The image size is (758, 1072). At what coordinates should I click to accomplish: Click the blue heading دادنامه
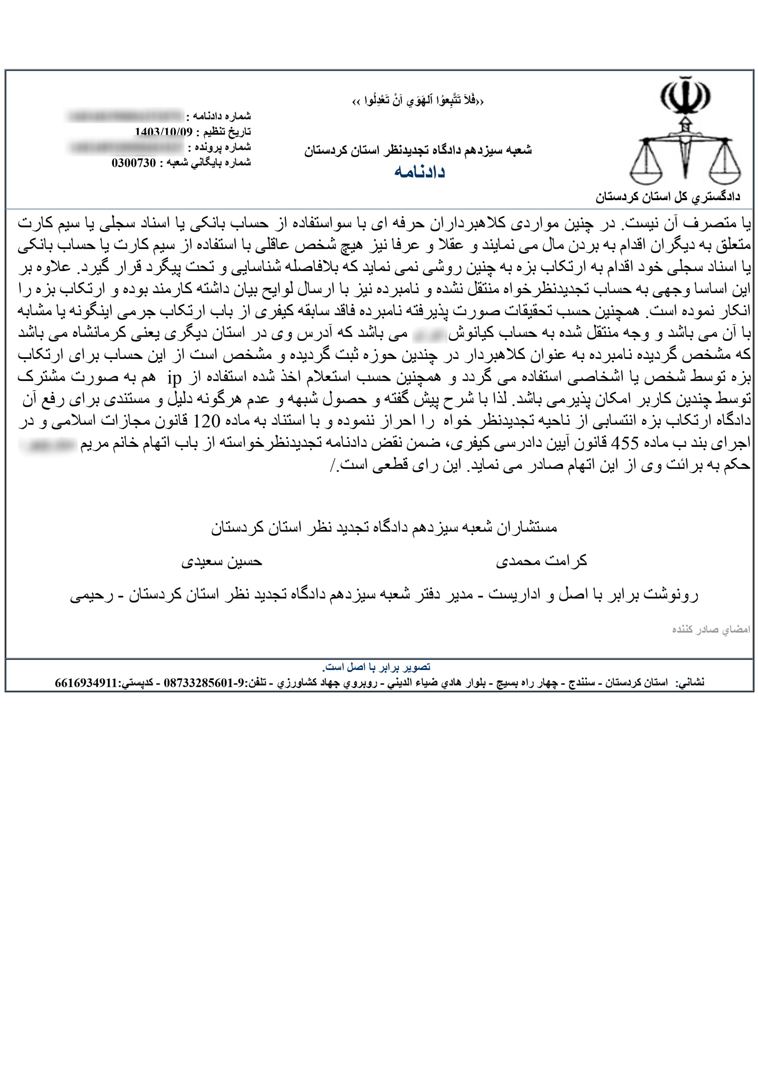419,172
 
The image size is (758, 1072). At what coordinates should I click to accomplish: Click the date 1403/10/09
163,131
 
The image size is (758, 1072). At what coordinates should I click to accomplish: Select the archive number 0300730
134,163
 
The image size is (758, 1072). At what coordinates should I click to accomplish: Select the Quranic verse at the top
418,101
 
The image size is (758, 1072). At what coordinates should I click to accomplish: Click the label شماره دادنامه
219,116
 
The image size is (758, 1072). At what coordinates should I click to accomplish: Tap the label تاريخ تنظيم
224,131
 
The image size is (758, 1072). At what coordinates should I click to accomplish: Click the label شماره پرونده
220,147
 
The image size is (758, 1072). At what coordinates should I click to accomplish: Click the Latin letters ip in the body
174,378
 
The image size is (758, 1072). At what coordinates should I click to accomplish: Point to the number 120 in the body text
206,421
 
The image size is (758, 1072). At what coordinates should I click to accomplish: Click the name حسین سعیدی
222,561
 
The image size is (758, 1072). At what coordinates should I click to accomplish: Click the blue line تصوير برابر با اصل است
376,667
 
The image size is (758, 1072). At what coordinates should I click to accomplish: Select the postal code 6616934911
86,683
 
